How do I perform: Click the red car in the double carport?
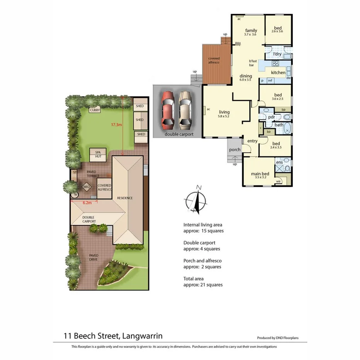168,110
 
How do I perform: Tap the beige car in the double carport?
185,110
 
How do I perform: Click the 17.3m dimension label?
116,125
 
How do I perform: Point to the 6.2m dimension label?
87,202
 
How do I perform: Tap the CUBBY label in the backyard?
95,110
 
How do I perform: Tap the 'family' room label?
251,31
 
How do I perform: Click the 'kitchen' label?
278,73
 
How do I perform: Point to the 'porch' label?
234,149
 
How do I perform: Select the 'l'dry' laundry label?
277,54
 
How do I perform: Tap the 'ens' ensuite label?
279,162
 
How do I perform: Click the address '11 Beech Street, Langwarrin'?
116,336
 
